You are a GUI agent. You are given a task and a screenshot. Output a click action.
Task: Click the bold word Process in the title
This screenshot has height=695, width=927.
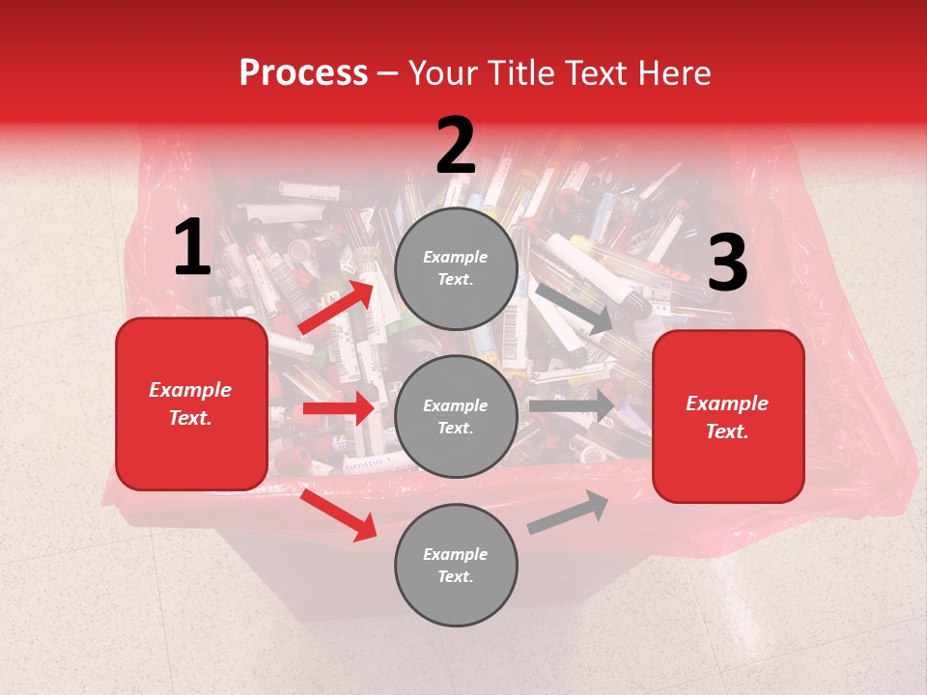point(303,73)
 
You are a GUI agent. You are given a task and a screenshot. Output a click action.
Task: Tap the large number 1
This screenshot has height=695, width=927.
point(192,248)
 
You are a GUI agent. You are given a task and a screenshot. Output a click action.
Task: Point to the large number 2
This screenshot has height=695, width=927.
point(456,147)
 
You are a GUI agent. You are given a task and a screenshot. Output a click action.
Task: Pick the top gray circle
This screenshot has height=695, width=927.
point(456,268)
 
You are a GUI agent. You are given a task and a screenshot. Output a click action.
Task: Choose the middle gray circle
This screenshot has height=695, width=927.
point(456,417)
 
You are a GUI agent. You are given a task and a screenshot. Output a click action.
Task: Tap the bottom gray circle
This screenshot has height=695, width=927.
point(456,566)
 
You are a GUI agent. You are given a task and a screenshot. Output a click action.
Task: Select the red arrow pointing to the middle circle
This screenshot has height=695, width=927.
point(338,408)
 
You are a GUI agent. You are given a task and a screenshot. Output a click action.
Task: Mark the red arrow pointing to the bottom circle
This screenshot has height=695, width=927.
point(338,514)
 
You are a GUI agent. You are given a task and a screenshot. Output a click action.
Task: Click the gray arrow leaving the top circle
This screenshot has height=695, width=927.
point(574,308)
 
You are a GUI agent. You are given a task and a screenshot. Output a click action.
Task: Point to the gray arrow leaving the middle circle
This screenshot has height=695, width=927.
point(571,405)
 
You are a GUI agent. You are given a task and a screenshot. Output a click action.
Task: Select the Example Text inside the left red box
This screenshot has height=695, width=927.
point(191,403)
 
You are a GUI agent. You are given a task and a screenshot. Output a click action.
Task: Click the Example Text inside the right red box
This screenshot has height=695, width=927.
point(728,417)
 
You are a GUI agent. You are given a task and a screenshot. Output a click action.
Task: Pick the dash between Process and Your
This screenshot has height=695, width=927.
point(388,73)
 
